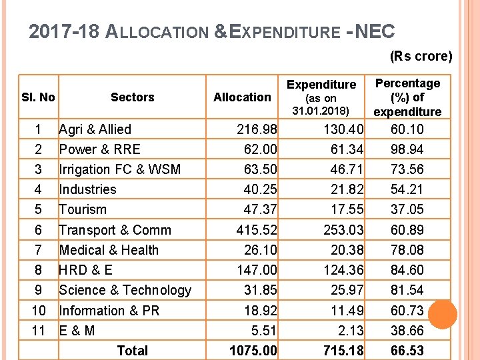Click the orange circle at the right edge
[x=441, y=315]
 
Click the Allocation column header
[x=242, y=97]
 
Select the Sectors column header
[x=132, y=97]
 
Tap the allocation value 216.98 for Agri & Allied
[x=257, y=129]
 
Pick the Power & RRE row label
[x=99, y=149]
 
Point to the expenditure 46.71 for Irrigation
[x=347, y=169]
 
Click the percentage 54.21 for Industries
[x=407, y=189]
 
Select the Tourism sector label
[x=83, y=209]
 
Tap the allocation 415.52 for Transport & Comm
[x=257, y=230]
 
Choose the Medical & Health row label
[x=109, y=250]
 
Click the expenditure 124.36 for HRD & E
[x=343, y=270]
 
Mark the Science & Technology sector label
[x=125, y=290]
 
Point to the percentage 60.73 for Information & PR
[x=407, y=311]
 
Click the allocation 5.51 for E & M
[x=264, y=331]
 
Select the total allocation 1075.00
[x=253, y=351]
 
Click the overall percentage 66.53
[x=407, y=351]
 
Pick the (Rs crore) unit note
[x=421, y=56]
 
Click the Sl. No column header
[x=37, y=97]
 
